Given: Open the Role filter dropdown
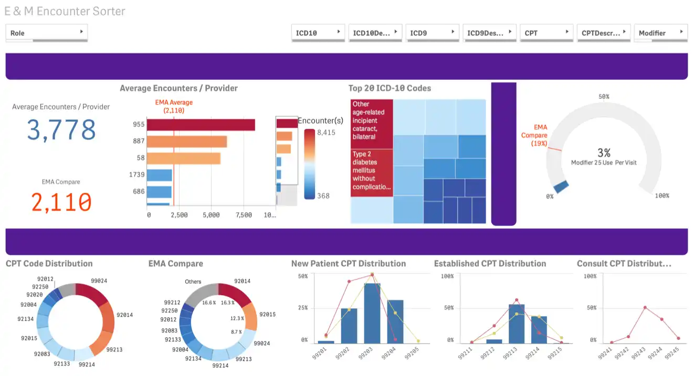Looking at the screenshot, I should [46, 33].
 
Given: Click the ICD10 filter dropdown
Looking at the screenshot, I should [318, 33].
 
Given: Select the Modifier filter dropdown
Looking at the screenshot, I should [660, 33].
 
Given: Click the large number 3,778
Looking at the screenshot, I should [61, 130].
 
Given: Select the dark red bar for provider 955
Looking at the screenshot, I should [201, 124].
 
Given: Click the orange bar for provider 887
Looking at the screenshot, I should [186, 141].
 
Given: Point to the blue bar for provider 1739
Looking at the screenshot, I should [159, 175].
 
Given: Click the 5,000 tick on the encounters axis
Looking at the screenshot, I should [211, 215].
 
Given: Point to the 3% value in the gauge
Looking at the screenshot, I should [604, 153].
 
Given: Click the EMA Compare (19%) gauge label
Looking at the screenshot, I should [534, 135].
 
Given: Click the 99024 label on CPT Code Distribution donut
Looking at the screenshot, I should [99, 281].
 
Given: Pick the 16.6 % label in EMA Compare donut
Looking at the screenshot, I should [208, 302].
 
